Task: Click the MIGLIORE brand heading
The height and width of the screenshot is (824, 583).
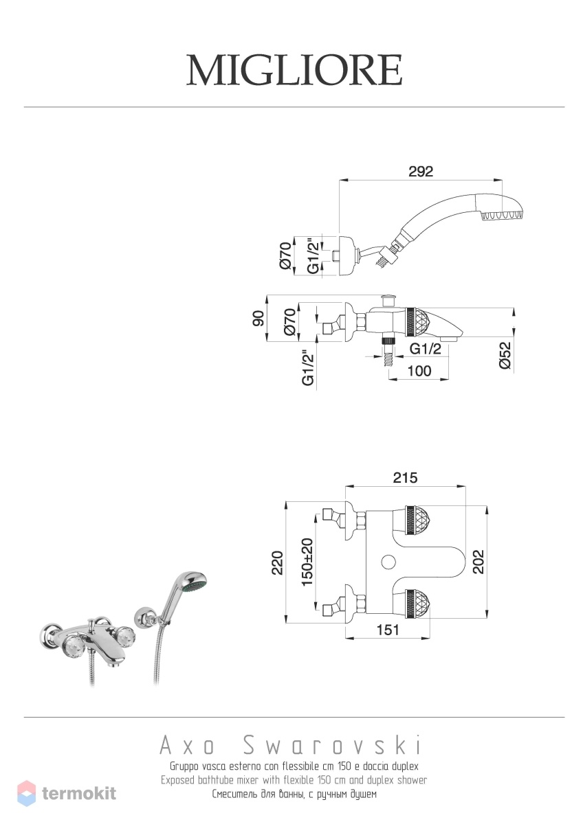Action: click(294, 70)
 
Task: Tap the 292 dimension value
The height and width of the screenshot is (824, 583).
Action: click(421, 172)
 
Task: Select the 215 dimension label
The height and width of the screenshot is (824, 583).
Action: click(405, 478)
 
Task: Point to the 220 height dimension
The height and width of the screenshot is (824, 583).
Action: click(277, 562)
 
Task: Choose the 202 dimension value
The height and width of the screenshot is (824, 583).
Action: click(478, 562)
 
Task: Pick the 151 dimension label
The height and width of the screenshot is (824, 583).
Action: click(388, 630)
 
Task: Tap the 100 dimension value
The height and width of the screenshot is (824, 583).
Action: click(419, 371)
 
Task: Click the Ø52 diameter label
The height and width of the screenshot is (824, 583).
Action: click(505, 356)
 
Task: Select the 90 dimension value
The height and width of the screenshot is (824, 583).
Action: click(258, 318)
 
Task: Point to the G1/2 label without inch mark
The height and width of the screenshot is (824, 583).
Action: click(426, 349)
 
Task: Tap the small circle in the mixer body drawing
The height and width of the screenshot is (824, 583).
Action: click(388, 562)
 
